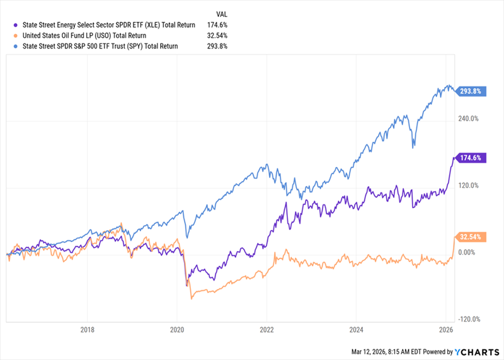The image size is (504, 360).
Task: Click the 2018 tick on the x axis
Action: (88, 330)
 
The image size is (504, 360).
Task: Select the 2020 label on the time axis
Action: (177, 330)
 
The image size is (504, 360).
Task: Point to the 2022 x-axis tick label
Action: (266, 330)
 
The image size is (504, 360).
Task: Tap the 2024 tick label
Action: (356, 330)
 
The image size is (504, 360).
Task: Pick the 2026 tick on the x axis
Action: (445, 330)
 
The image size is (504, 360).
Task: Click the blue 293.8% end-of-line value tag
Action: (472, 91)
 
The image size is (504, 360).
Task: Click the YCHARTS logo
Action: (476, 352)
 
